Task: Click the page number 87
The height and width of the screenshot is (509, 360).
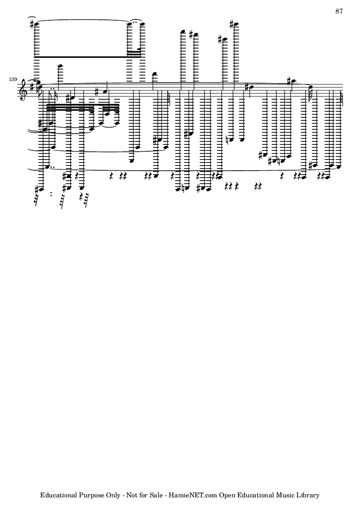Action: click(339, 11)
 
